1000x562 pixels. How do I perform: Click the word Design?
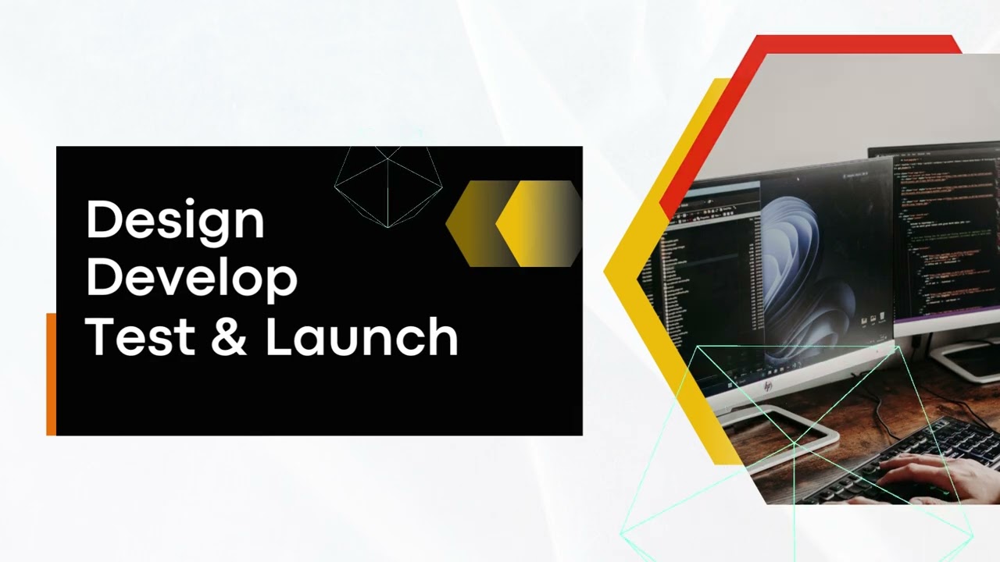[x=175, y=222]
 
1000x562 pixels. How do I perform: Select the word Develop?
[x=191, y=278]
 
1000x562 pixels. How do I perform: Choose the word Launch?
[x=361, y=336]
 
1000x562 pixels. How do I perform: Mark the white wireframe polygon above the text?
[x=388, y=187]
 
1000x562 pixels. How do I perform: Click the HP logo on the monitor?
[x=768, y=386]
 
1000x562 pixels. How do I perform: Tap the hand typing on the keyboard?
[x=937, y=473]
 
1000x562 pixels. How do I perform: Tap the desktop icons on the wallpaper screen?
[x=873, y=319]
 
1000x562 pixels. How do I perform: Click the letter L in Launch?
[x=278, y=336]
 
